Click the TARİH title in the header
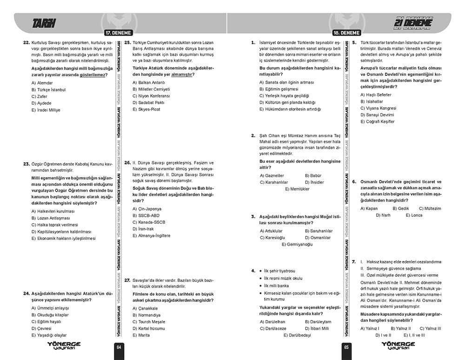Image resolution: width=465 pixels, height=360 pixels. click(44, 23)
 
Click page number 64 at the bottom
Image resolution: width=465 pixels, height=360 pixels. click(119, 347)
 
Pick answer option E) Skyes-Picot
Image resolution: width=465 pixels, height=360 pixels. click(146, 109)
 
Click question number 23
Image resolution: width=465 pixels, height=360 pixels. click(26, 164)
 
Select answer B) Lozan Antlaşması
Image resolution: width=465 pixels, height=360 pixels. click(50, 218)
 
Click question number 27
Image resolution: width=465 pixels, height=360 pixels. click(127, 280)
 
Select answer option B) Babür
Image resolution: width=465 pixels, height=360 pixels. click(314, 175)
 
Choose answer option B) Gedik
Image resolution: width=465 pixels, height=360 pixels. click(400, 208)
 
